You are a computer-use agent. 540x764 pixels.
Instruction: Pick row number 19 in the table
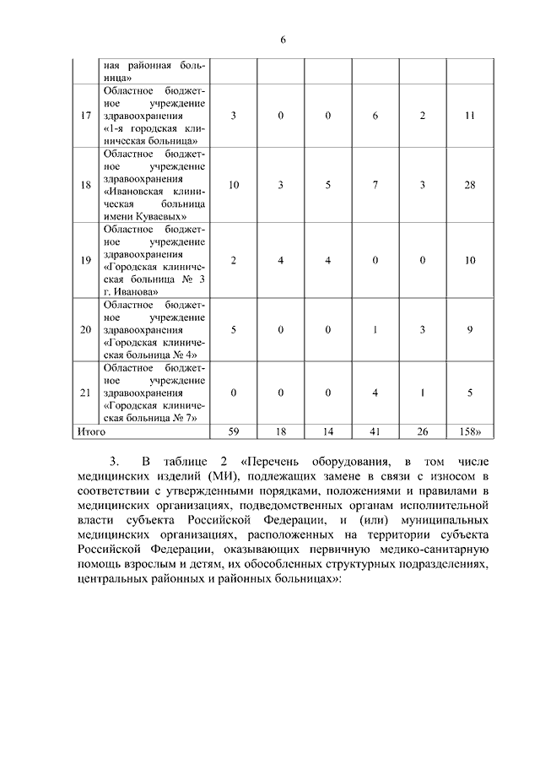85,260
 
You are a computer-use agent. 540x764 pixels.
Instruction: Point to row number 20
85,328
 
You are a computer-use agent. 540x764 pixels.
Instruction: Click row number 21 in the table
85,392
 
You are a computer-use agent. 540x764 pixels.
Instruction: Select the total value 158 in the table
468,431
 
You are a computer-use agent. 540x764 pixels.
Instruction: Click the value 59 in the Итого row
234,431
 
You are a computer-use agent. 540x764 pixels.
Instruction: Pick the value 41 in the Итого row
375,431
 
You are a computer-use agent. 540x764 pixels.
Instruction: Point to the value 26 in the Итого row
422,431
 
